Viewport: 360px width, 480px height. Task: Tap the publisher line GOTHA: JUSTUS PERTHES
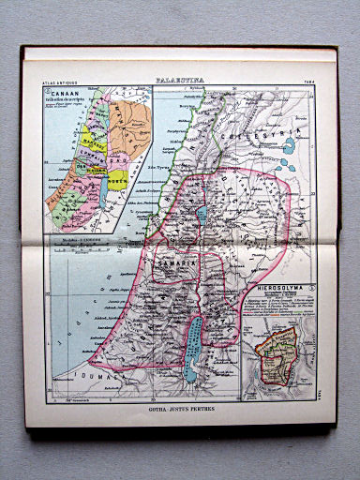(181, 409)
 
